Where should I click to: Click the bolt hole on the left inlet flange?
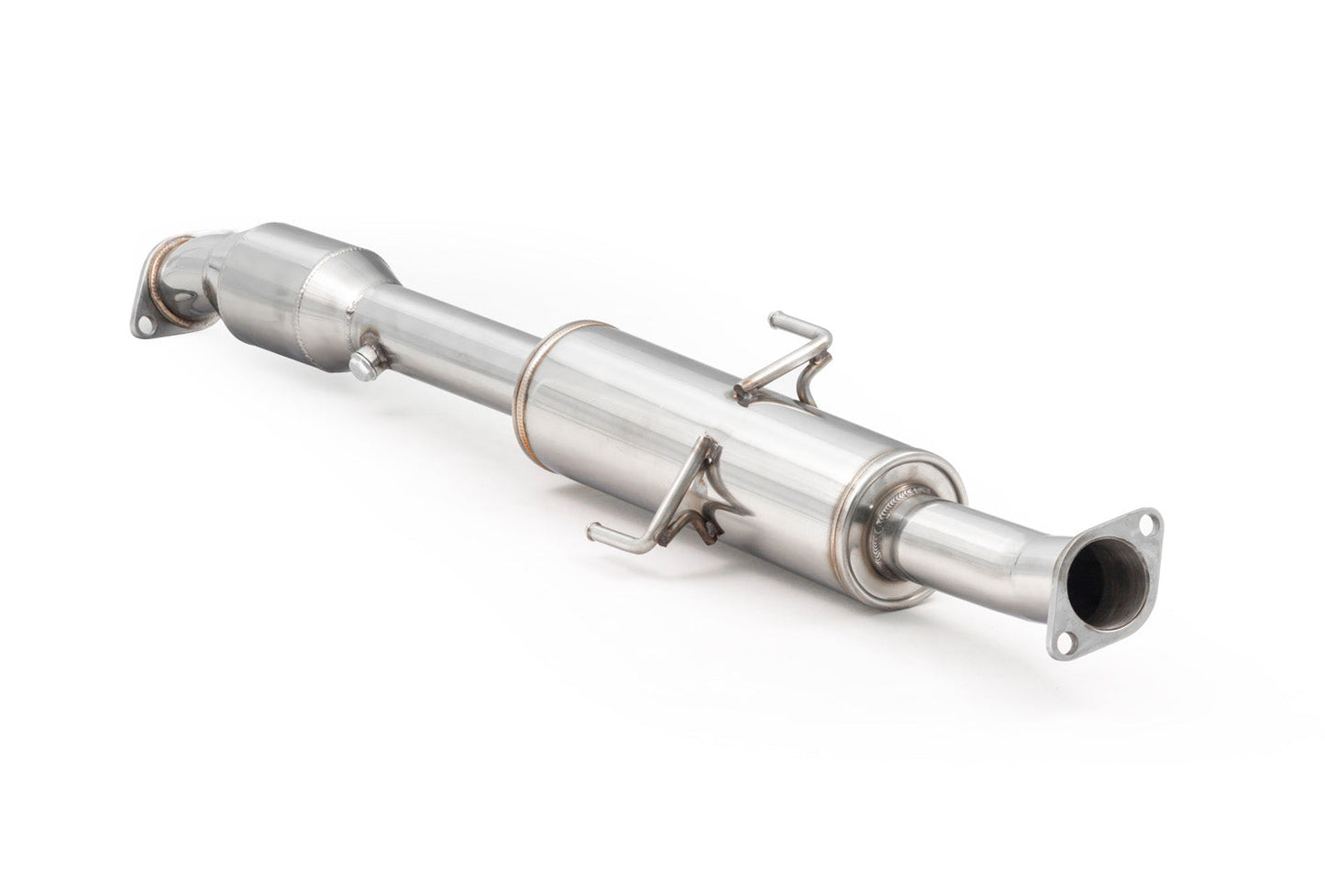tap(146, 323)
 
